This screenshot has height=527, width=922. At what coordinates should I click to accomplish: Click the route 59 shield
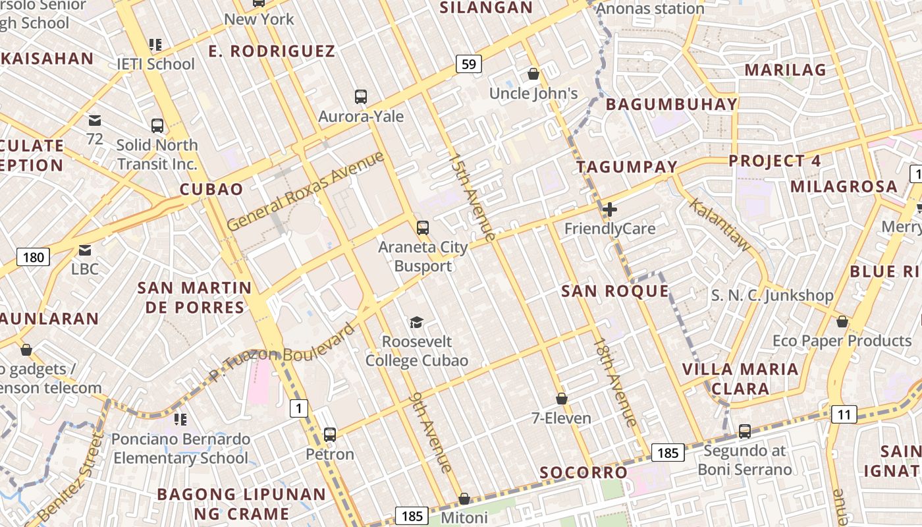point(468,64)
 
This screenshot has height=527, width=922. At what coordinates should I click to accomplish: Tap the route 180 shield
point(33,256)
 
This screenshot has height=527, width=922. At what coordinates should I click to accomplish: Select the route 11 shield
point(844,414)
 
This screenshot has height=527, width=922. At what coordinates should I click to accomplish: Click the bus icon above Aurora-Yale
point(360,97)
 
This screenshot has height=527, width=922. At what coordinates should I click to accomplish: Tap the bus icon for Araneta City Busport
point(423,228)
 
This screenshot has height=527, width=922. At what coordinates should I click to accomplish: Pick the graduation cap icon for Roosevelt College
point(416,322)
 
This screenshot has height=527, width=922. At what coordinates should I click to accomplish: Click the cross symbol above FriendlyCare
point(610,210)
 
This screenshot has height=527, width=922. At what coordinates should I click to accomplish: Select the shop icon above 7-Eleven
point(562,399)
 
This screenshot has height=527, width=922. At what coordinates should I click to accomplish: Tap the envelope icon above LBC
point(85,250)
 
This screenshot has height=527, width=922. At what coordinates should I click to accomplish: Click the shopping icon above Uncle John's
point(533,74)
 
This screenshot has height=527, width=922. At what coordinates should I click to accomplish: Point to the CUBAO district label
point(211,190)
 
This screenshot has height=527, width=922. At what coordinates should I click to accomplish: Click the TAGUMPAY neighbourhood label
point(627,167)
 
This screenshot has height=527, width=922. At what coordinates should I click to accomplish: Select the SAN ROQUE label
point(614,291)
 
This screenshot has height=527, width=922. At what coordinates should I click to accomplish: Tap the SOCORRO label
point(583,472)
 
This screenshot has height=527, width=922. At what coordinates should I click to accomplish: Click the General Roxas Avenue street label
point(305,191)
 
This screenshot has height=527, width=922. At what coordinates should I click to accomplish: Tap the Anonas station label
point(650,9)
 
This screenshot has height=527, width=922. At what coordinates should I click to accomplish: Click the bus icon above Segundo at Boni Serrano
point(744,431)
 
